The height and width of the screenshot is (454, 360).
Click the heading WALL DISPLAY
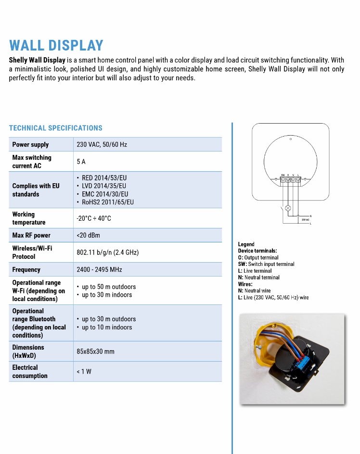pyautogui.click(x=56, y=45)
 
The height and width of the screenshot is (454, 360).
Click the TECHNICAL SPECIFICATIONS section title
pyautogui.click(x=55, y=128)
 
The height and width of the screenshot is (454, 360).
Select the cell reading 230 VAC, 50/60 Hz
pyautogui.click(x=102, y=144)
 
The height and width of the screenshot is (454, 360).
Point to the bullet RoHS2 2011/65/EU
pyautogui.click(x=107, y=202)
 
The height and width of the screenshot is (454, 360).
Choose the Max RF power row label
pyautogui.click(x=31, y=235)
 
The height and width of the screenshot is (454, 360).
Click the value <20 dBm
pyautogui.click(x=88, y=235)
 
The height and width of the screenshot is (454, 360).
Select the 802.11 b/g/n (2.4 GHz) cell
pyautogui.click(x=107, y=252)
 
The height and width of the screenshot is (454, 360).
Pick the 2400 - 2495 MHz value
pyautogui.click(x=99, y=270)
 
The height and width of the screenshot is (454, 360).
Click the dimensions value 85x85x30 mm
pyautogui.click(x=95, y=352)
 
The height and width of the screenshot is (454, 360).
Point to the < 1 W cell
pyautogui.click(x=84, y=371)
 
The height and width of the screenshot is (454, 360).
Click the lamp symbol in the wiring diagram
pyautogui.click(x=288, y=208)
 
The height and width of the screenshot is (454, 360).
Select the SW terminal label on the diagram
pyautogui.click(x=283, y=175)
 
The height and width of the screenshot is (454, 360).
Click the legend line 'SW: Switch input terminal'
pyautogui.click(x=266, y=264)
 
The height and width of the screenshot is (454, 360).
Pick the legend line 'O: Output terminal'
pyautogui.click(x=258, y=257)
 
